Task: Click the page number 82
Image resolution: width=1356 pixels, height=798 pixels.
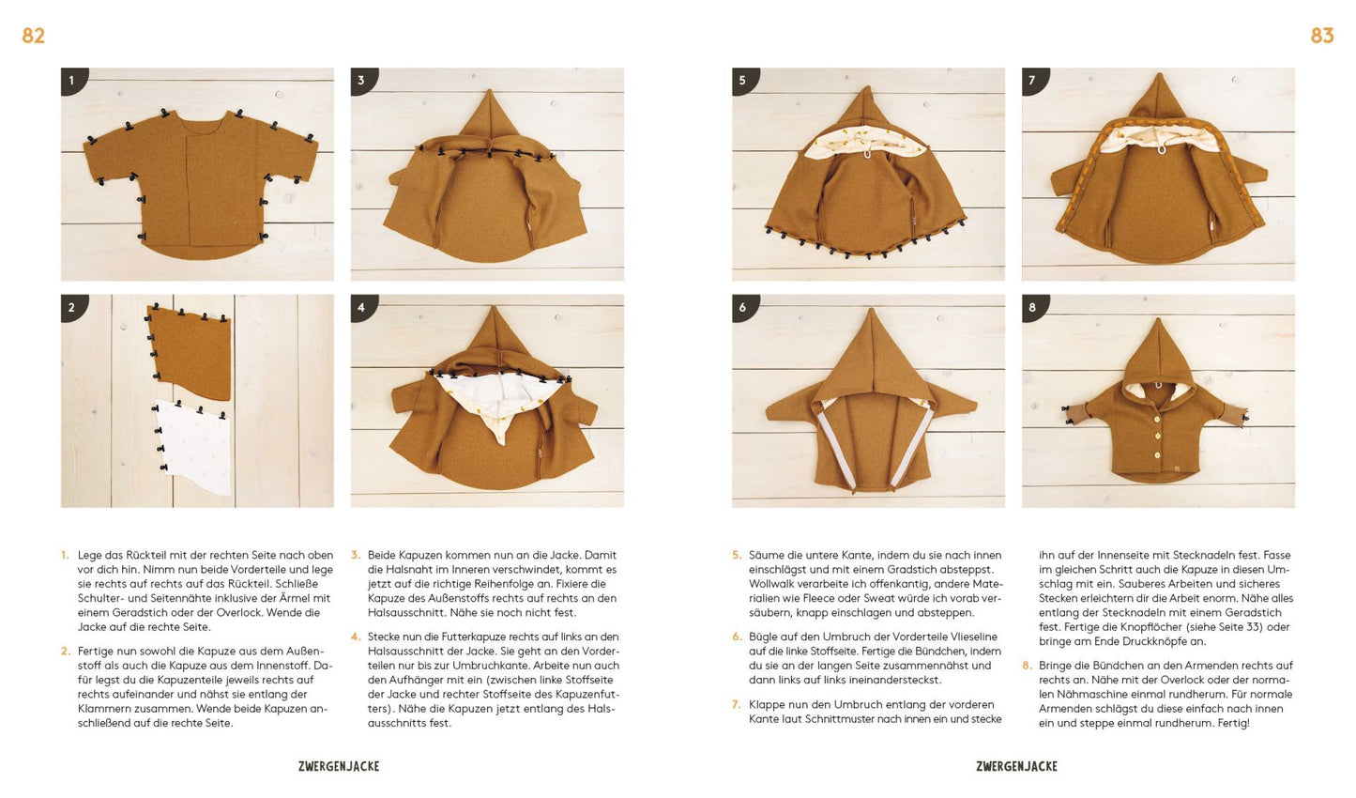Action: [33, 36]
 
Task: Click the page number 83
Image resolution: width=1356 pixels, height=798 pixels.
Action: [1322, 36]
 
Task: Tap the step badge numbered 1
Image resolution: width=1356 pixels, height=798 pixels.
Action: [73, 81]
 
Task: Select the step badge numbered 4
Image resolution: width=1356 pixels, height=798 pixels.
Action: [363, 307]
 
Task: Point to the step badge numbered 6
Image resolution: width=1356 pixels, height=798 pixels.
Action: [744, 307]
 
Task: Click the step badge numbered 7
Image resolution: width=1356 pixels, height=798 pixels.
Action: [1034, 81]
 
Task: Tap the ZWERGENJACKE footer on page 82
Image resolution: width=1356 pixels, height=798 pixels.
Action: [339, 766]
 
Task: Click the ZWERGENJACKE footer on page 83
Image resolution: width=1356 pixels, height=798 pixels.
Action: [1017, 766]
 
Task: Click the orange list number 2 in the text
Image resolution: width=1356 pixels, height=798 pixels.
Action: [66, 652]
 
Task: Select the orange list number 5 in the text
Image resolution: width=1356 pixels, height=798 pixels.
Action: [737, 555]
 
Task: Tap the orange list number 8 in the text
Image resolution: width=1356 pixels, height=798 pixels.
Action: [1027, 666]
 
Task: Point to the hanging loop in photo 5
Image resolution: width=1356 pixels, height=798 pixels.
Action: [866, 154]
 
